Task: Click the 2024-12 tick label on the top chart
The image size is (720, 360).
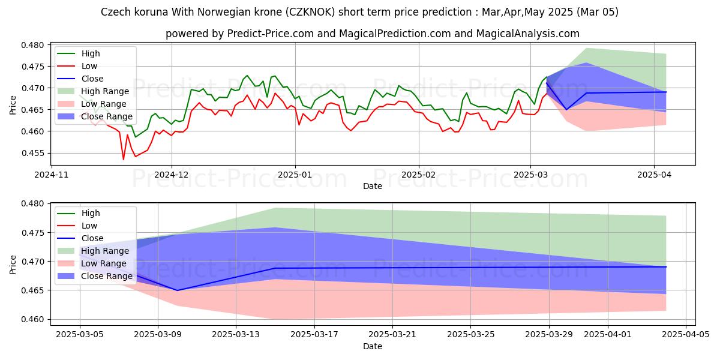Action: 172,175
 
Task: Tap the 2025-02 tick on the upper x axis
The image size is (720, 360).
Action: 418,175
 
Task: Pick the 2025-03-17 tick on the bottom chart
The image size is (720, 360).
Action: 314,334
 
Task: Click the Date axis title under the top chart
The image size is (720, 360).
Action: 372,187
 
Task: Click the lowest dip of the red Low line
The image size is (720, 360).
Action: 124,159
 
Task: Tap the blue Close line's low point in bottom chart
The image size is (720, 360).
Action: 176,290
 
